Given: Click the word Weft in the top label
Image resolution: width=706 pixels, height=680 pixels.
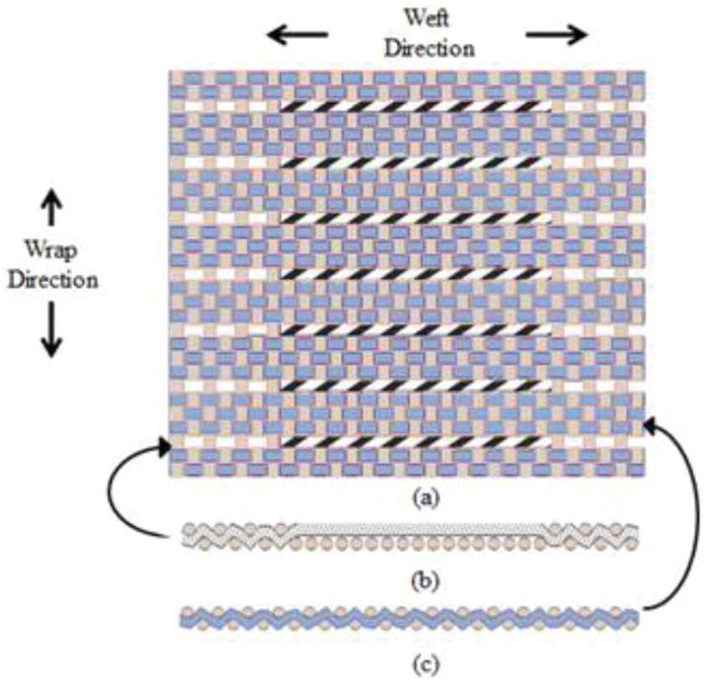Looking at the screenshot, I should click(x=427, y=17).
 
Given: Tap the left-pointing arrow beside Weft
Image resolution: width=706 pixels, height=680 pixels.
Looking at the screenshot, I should click(x=297, y=35).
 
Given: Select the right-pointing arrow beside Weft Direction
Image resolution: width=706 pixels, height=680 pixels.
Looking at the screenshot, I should click(x=556, y=35).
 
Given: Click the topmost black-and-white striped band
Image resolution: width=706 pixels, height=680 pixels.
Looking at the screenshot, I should click(x=416, y=107).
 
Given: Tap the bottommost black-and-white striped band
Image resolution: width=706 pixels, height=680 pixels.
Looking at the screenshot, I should click(x=416, y=440).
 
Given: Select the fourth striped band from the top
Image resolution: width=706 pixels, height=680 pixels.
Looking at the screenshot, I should click(x=416, y=273).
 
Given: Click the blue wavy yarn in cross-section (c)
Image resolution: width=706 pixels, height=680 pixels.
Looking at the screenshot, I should click(x=410, y=619).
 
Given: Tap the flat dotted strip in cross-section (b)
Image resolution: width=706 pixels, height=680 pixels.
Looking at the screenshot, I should click(x=418, y=530).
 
